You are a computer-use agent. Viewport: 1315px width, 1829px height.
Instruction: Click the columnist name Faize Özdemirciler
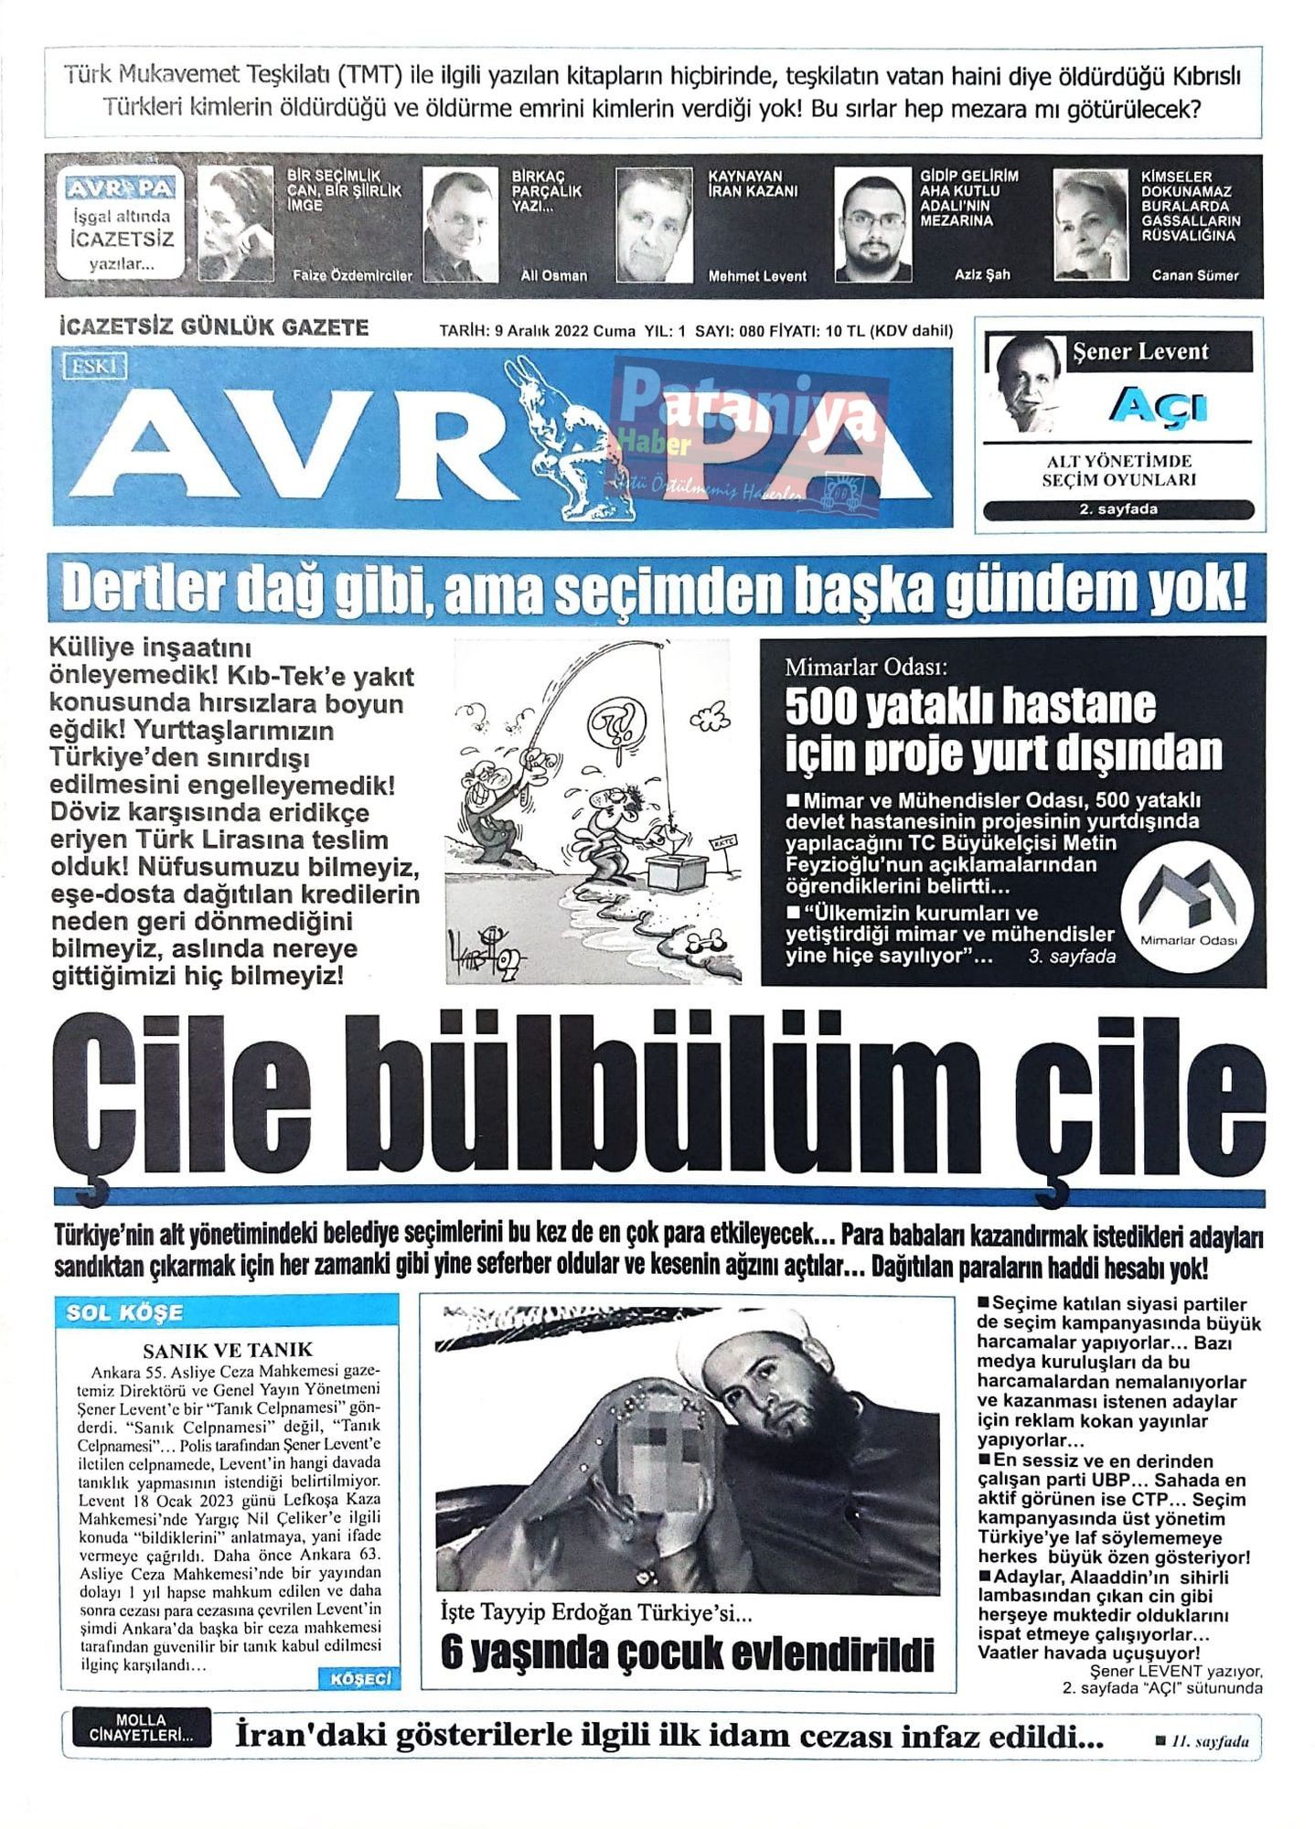click(352, 275)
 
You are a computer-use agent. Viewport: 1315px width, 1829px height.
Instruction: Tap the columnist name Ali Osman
click(554, 275)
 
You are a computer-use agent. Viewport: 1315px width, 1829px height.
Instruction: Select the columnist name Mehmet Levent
click(757, 275)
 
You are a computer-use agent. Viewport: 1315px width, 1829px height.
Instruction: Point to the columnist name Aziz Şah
click(982, 274)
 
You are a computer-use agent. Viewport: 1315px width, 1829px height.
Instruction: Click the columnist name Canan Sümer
click(1194, 275)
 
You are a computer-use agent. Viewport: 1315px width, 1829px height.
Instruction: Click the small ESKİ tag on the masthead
click(94, 368)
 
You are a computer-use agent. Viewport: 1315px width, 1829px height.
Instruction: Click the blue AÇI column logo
click(1159, 406)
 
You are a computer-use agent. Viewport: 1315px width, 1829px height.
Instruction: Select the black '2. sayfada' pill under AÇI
click(1118, 509)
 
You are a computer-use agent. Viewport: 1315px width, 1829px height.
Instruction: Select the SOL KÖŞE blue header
click(124, 1312)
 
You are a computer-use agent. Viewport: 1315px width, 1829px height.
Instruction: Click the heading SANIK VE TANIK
click(228, 1350)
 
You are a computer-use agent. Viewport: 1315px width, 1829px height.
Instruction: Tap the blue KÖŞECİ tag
click(359, 1678)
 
